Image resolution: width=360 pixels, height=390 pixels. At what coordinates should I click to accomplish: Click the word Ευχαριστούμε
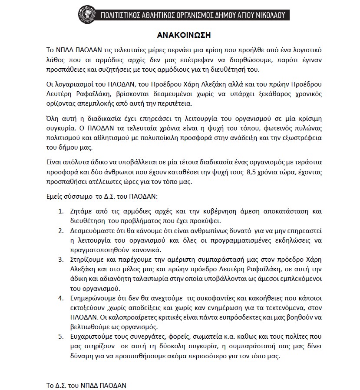pyautogui.click(x=90, y=337)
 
